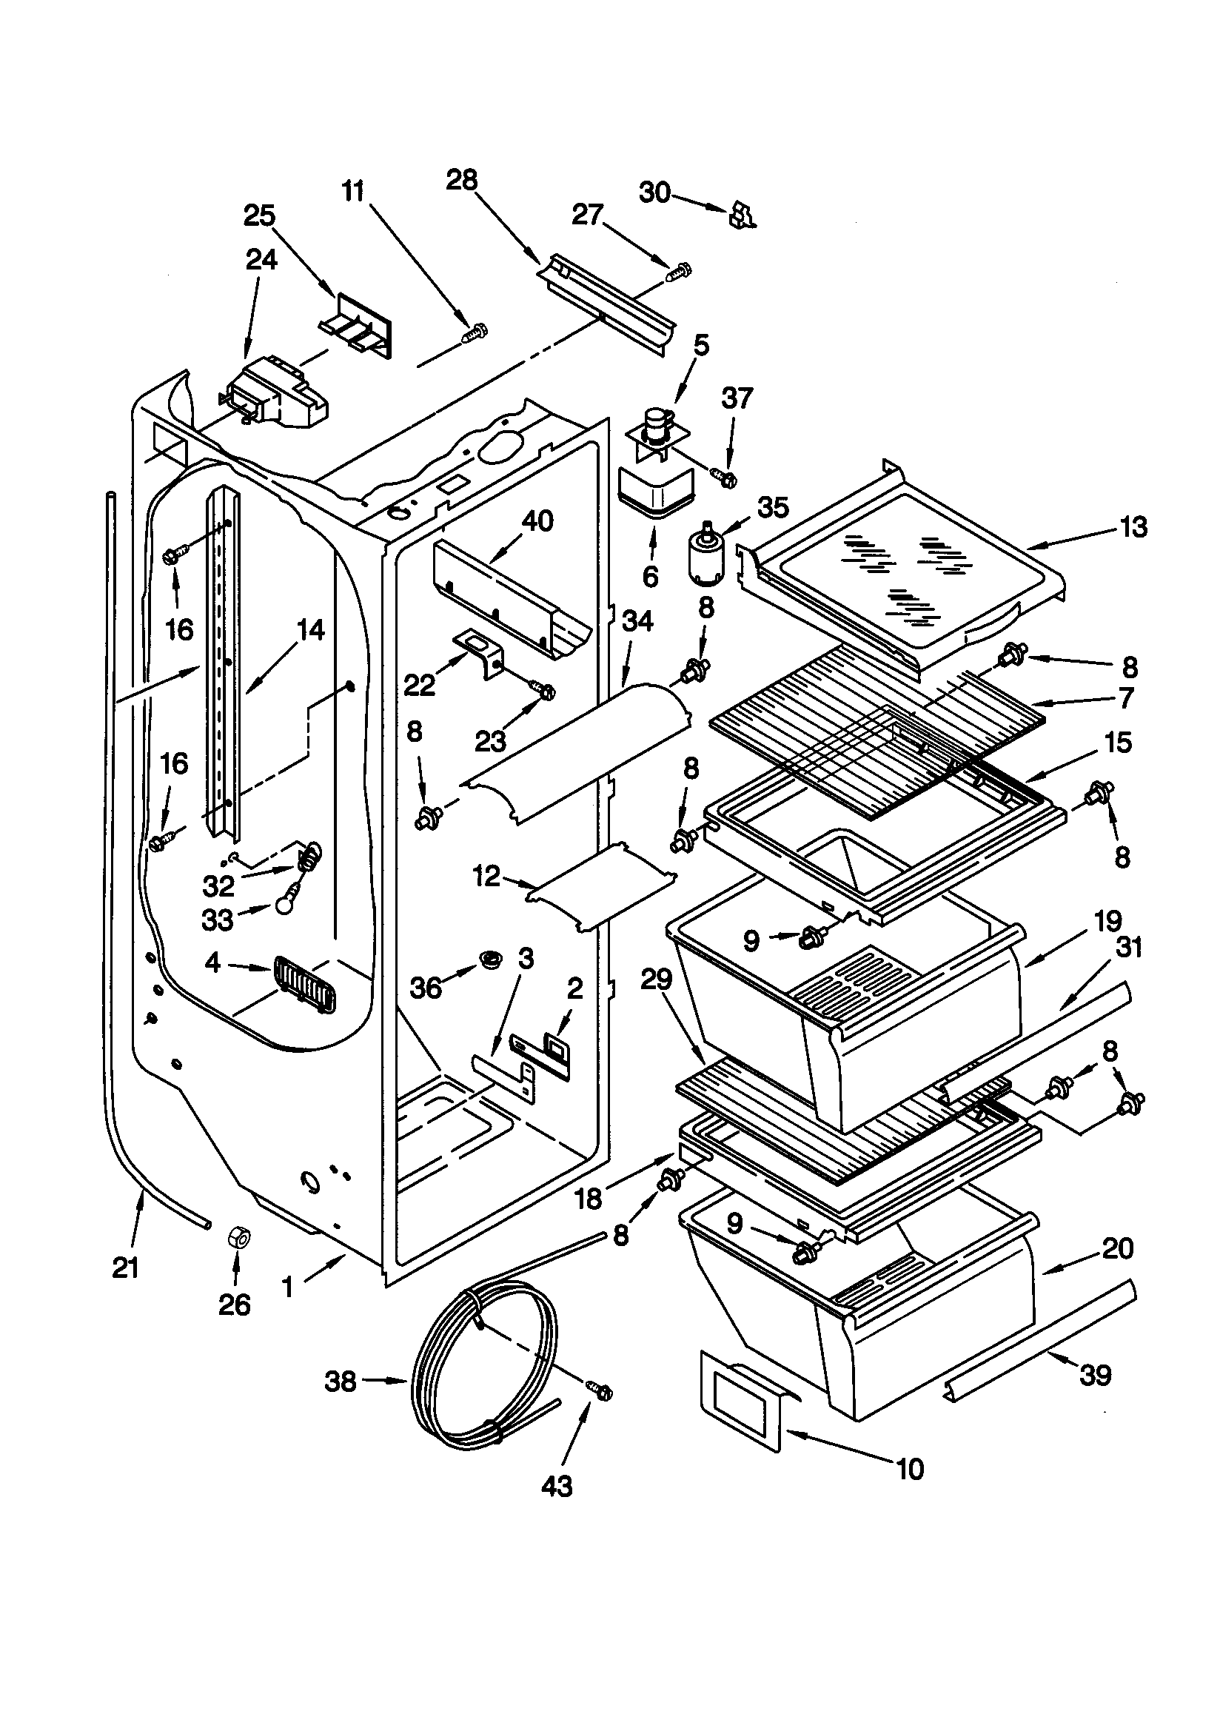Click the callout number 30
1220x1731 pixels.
click(x=654, y=193)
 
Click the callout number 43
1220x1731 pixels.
click(x=557, y=1486)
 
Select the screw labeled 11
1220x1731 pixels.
click(x=475, y=332)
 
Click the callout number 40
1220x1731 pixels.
click(x=537, y=521)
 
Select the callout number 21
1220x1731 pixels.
click(x=126, y=1268)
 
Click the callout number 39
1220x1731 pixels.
click(x=1095, y=1375)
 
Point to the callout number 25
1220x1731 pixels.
click(x=259, y=215)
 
